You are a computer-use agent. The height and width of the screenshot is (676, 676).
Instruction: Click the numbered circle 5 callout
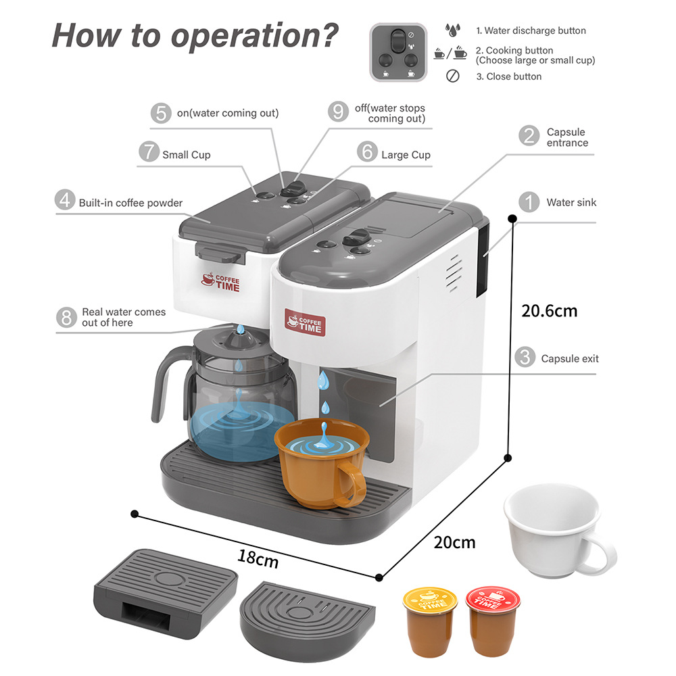[161, 113]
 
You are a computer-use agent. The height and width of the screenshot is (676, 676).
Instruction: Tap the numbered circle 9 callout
[339, 111]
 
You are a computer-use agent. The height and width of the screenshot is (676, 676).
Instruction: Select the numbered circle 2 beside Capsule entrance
[529, 136]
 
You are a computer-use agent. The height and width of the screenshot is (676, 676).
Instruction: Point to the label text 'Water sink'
[571, 202]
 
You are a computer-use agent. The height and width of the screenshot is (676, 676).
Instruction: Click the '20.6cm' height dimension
[549, 311]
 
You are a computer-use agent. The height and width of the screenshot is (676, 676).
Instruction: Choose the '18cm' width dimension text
[258, 558]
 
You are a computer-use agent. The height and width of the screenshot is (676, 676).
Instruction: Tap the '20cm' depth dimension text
[454, 542]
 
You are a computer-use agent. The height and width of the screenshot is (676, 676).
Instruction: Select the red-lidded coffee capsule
[493, 621]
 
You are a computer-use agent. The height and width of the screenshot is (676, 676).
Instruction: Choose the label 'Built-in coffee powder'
[130, 202]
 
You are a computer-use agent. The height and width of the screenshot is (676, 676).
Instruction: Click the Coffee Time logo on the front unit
[306, 322]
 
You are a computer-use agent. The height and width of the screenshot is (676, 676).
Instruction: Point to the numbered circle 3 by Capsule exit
[525, 358]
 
